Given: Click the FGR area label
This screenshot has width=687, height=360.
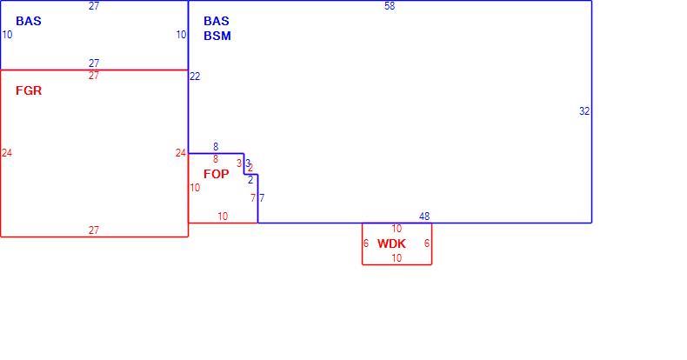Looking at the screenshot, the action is pos(29,90).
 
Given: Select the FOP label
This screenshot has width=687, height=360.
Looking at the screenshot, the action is pos(216,174).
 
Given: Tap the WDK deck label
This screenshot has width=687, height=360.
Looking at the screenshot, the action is pos(391,243).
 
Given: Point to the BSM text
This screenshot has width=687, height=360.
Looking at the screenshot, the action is pos(217,36).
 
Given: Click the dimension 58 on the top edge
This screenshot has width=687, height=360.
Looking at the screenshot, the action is pos(390,6).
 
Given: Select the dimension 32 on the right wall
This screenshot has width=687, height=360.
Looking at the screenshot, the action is pos(584,111).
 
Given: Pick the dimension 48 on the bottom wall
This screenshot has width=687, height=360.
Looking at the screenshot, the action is pos(424,217).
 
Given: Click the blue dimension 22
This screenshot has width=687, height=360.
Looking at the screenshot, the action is pos(195,77).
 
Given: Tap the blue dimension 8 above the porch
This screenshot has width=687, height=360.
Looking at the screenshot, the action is pos(216,147).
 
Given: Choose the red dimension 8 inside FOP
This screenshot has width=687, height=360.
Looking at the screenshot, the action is pos(216,159).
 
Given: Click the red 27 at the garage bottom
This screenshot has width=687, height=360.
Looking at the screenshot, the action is pos(94,230).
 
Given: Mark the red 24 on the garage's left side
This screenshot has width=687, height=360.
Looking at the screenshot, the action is pos(7,153).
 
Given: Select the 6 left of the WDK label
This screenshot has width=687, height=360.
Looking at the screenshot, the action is pos(366,243).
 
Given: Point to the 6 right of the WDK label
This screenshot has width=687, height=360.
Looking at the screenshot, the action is pos(427,243).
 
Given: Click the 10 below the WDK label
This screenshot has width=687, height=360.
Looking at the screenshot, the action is pos(397,258).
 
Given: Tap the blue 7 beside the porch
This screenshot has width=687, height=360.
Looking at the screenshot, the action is pos(262,198).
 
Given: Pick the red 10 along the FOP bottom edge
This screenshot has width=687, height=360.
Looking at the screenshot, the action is pos(223,217).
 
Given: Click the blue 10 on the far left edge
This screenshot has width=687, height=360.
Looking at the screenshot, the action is pos(7,35).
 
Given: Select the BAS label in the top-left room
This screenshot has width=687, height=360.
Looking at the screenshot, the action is pos(29,21).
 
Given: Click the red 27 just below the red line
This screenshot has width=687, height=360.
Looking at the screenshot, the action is pos(94,76).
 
